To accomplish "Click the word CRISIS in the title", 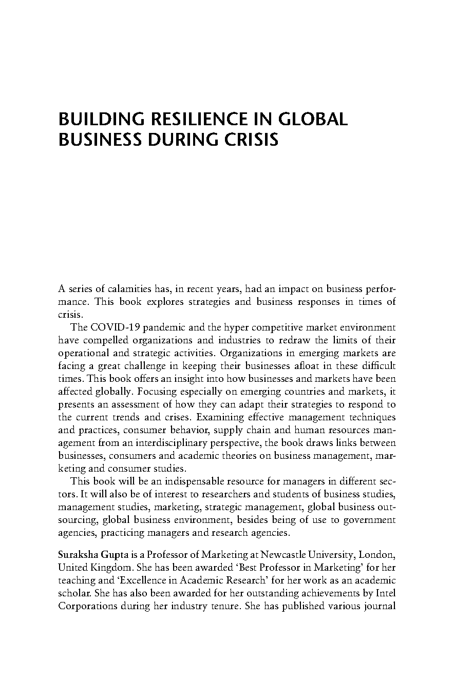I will [254, 140].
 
